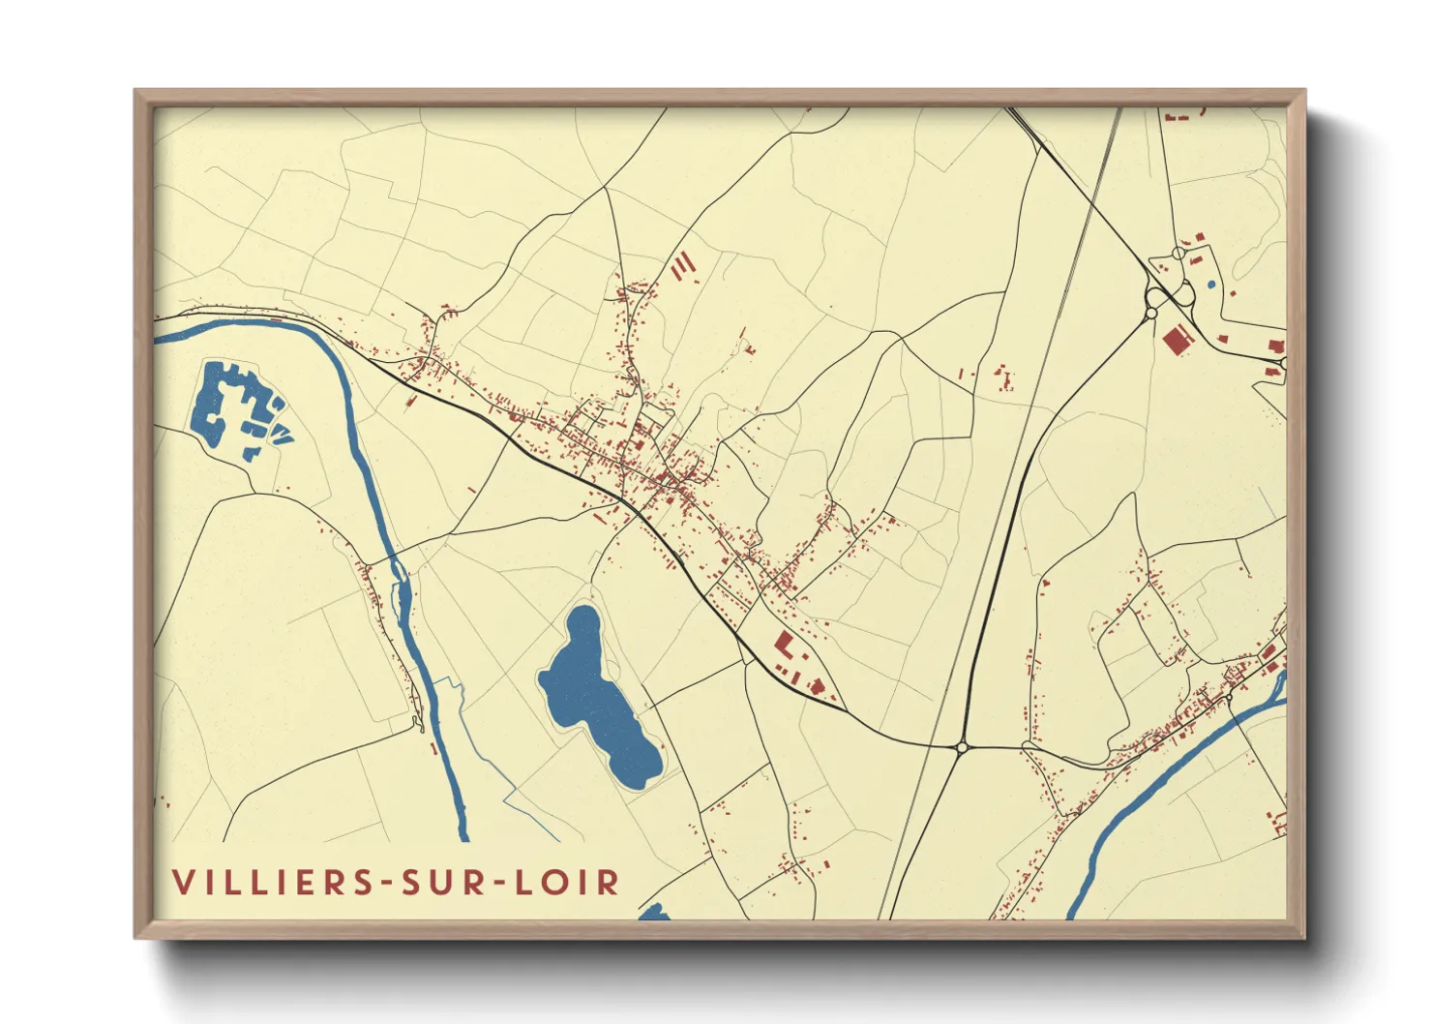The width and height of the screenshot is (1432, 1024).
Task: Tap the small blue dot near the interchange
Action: click(x=1210, y=285)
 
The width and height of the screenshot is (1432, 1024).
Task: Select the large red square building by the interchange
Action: click(x=1176, y=341)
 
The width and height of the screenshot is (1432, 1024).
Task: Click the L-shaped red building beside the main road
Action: click(x=784, y=645)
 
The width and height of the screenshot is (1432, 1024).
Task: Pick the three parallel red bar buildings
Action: click(x=683, y=266)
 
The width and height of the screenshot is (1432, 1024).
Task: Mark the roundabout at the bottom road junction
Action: click(x=962, y=746)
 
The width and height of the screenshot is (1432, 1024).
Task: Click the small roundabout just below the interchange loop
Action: click(x=1151, y=312)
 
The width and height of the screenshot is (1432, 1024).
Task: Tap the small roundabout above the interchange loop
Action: click(x=1178, y=253)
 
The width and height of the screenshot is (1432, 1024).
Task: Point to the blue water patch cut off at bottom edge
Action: click(x=655, y=912)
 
